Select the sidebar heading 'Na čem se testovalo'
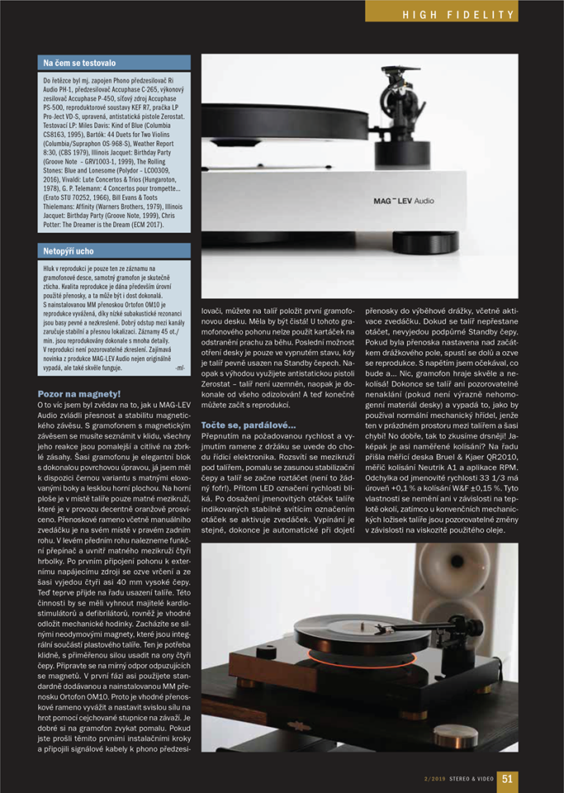tap(81, 63)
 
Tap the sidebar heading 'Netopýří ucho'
tap(70, 250)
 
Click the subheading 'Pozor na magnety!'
tap(79, 394)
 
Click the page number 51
tap(508, 777)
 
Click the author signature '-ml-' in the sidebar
tap(180, 366)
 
